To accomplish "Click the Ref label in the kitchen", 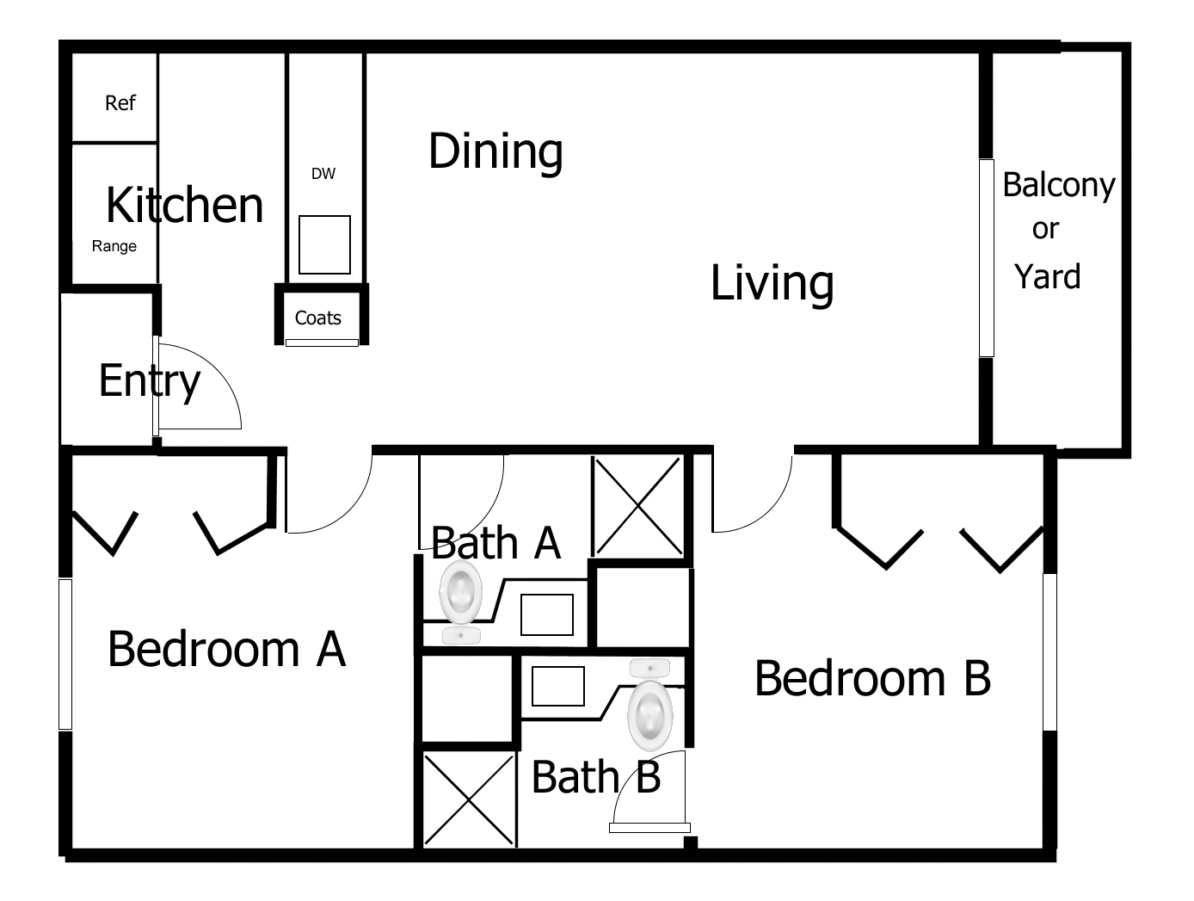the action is click(120, 102).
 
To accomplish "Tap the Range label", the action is click(114, 246).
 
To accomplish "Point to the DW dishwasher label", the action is click(323, 174).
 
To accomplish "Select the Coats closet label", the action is click(318, 318).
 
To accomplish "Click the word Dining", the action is click(495, 152).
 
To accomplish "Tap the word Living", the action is click(772, 283).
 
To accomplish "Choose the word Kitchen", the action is click(184, 205).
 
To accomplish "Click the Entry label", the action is click(150, 382).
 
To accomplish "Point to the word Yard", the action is click(1048, 276).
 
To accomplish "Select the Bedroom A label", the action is click(227, 649).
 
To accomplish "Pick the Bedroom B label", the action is click(872, 678).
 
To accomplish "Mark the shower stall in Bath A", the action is click(638, 507).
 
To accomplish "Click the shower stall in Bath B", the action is click(469, 799).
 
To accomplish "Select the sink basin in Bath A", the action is click(547, 614).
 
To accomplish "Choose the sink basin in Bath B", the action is click(558, 686).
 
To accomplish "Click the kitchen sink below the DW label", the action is click(325, 245).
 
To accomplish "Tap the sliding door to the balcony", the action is click(987, 258).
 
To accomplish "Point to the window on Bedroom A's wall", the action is click(65, 654).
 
